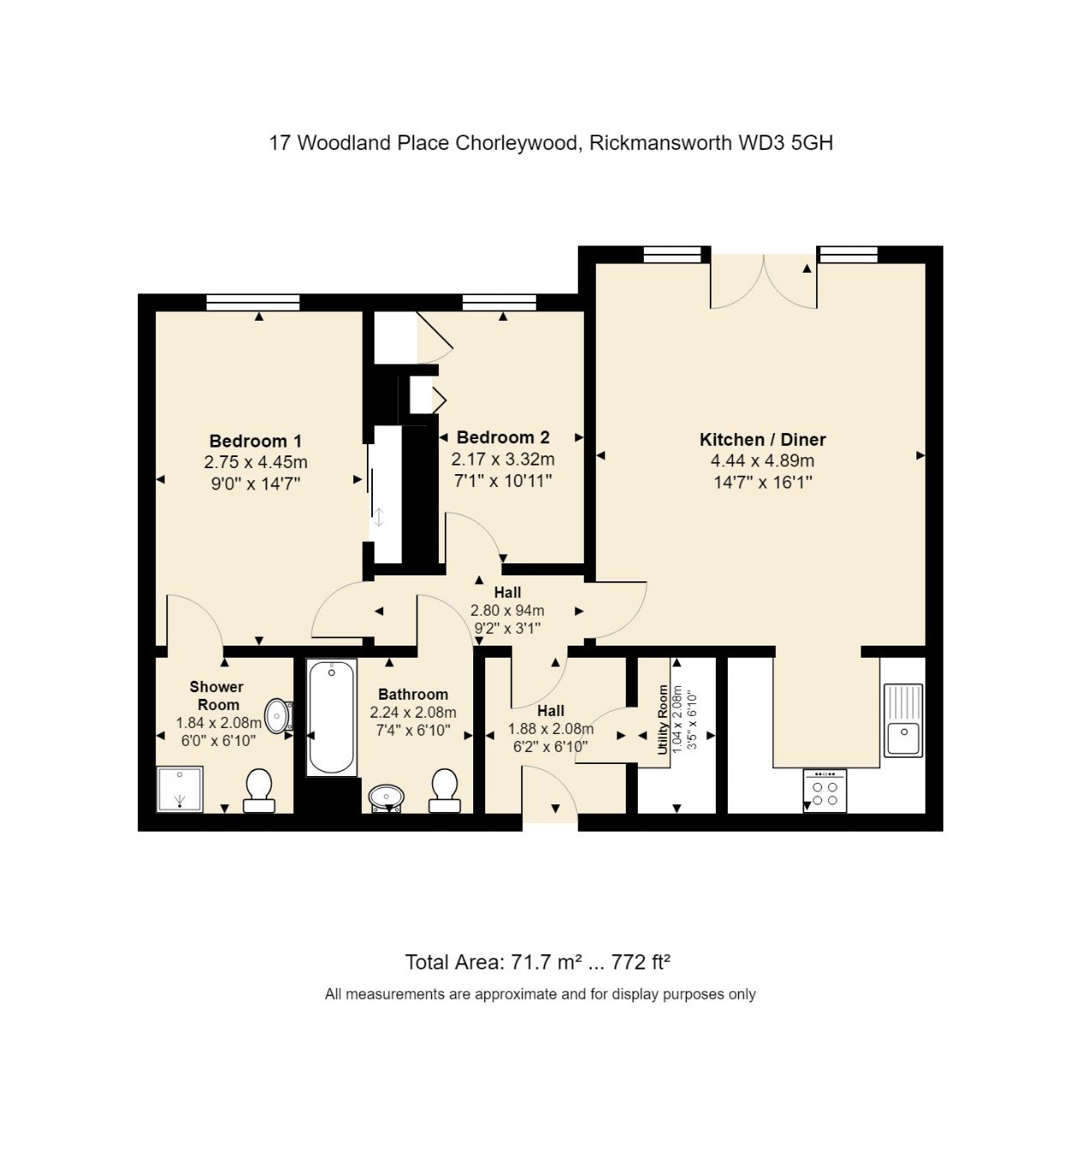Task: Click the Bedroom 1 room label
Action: click(x=255, y=442)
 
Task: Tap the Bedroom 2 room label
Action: click(x=502, y=437)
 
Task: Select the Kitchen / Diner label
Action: click(x=762, y=440)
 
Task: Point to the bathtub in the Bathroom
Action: click(x=331, y=718)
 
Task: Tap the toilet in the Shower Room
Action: click(x=258, y=790)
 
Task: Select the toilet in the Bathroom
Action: click(x=443, y=790)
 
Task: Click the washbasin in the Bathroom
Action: click(x=387, y=797)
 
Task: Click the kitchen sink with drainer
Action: click(x=903, y=720)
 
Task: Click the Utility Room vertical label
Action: click(x=663, y=719)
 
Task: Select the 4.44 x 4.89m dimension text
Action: click(x=762, y=461)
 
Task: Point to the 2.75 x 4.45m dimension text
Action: click(x=255, y=463)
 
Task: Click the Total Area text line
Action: click(x=537, y=962)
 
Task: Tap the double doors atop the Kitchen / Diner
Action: click(x=763, y=281)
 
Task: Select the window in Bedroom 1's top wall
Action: click(x=253, y=302)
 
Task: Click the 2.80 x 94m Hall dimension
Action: click(x=507, y=611)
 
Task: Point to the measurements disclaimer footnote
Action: click(x=540, y=995)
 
